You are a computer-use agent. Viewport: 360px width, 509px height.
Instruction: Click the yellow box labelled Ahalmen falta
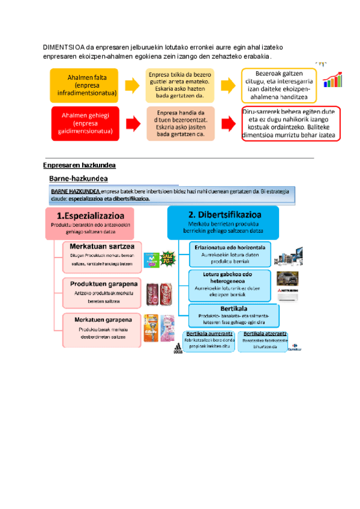[x=84, y=86]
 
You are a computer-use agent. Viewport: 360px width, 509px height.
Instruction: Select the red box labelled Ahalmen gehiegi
[x=84, y=123]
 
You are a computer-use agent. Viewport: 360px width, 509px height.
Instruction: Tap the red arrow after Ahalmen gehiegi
[x=131, y=123]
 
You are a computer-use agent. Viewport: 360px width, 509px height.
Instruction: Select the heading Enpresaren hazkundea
[x=79, y=164]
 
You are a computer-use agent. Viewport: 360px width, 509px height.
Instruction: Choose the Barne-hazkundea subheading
[x=78, y=179]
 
